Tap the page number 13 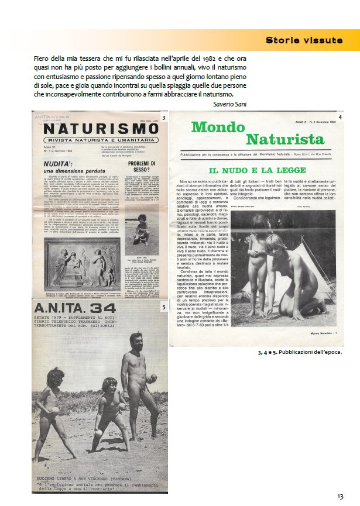[340, 496]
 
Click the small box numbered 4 [340, 118]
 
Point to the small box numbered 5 [163, 306]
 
